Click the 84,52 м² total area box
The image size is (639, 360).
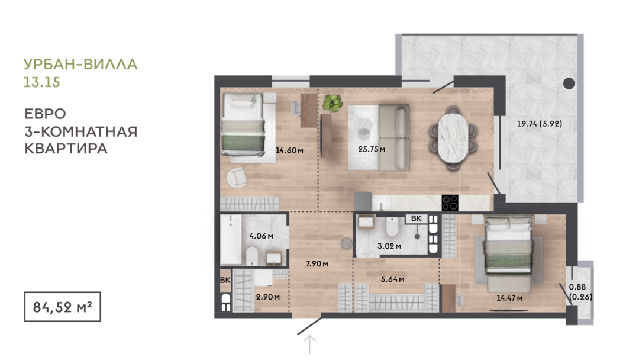[62, 307]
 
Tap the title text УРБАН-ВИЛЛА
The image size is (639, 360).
[80, 65]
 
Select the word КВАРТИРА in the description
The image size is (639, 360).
[66, 149]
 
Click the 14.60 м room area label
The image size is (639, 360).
[289, 150]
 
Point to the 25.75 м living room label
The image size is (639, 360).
[372, 149]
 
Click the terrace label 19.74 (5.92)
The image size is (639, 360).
[539, 124]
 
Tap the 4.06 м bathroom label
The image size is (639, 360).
[262, 236]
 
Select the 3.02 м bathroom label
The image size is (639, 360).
[389, 246]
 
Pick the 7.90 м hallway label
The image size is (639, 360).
[317, 263]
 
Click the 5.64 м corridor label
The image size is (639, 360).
[392, 279]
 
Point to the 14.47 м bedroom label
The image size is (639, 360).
[509, 298]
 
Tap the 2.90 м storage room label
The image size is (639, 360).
[268, 297]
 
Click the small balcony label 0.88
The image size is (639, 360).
[577, 287]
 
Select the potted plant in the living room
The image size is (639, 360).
[333, 103]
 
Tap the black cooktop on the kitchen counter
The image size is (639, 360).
[450, 203]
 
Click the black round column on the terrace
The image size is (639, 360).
[569, 83]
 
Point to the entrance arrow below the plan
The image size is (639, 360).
[310, 345]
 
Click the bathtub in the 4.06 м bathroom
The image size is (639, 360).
[231, 240]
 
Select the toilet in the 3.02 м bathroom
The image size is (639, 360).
[392, 227]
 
